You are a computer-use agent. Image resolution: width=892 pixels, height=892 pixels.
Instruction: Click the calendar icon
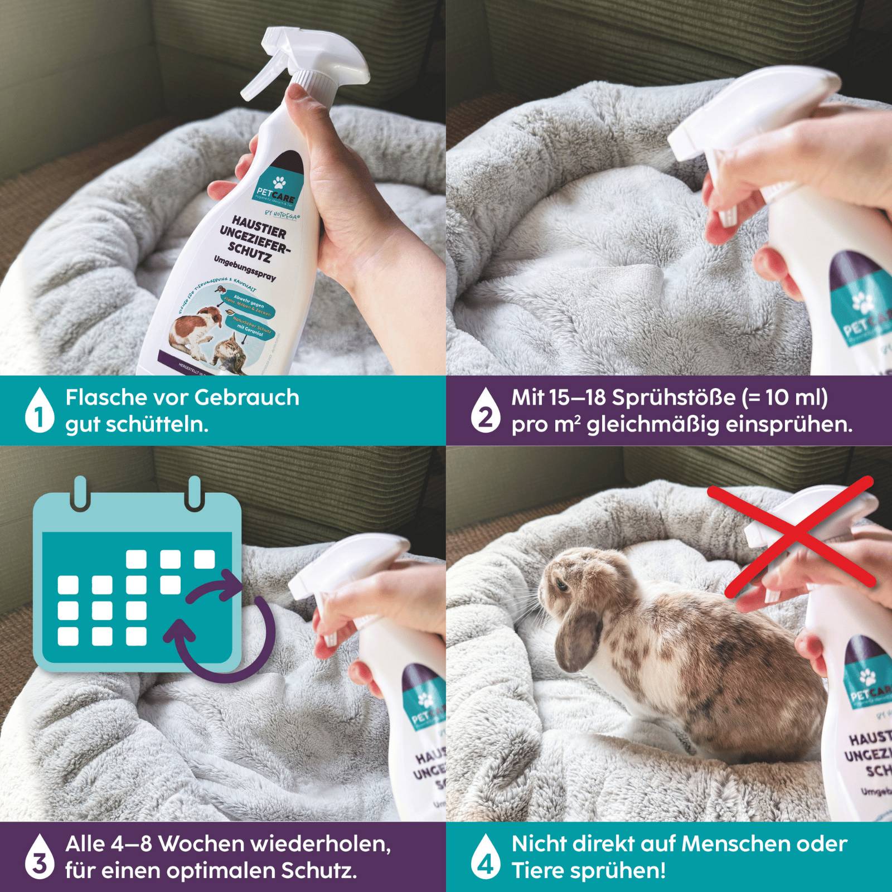click(x=137, y=580)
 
